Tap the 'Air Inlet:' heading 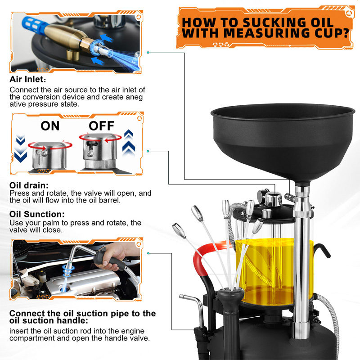27,80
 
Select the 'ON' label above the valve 50,126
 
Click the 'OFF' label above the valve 101,126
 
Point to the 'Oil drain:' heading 29,185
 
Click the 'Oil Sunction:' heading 37,215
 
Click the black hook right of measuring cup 320,250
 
